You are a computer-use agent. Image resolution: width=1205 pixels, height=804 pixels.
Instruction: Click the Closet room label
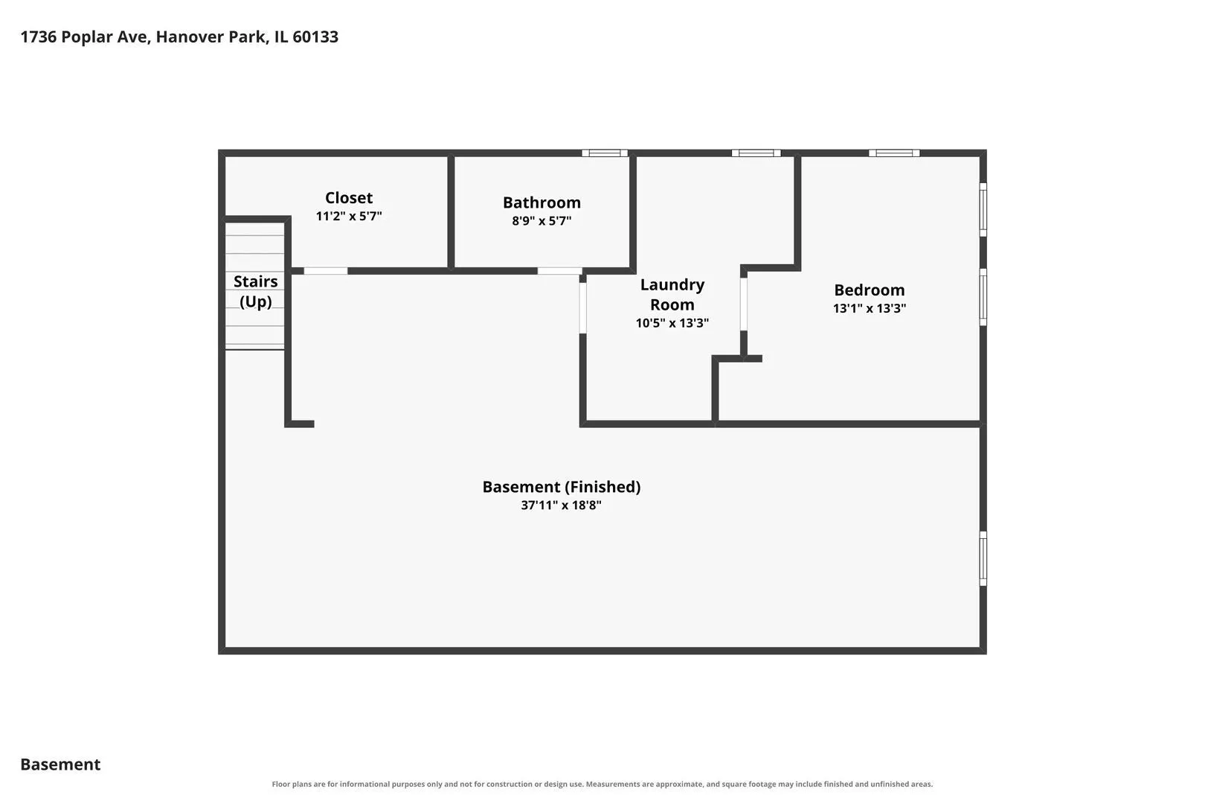coord(349,197)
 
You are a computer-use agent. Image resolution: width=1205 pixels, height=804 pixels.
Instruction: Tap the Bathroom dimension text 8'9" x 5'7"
coord(542,221)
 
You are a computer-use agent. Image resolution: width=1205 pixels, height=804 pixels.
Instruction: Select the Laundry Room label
coord(672,295)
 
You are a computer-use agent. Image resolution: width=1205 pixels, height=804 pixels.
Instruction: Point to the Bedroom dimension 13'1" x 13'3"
coord(870,308)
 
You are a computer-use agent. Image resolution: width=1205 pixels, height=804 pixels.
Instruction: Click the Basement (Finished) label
coord(561,487)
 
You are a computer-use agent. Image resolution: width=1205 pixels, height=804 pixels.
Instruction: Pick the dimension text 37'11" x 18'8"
coord(561,505)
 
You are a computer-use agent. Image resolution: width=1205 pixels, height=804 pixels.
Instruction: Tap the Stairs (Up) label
coord(256,291)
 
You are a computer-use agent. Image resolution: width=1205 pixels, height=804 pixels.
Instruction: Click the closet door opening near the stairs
coord(326,271)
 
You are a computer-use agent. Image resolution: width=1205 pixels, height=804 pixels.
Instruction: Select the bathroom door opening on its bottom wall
coord(559,271)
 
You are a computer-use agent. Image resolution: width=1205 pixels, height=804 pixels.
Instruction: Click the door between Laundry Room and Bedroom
coord(743,304)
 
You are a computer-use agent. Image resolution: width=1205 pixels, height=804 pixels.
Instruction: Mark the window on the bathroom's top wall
coord(605,153)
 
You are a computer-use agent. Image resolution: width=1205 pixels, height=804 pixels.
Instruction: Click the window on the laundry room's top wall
coord(756,153)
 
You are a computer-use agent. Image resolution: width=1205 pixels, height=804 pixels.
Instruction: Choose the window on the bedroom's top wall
coord(894,153)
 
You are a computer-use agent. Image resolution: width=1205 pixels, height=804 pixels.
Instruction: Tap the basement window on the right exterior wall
coord(983,558)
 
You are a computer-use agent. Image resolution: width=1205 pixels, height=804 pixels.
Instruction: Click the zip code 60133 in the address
coord(315,36)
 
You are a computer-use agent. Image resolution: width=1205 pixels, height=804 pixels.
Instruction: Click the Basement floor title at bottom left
coord(60,764)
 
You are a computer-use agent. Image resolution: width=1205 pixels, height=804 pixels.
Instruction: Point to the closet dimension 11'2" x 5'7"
coord(349,216)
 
